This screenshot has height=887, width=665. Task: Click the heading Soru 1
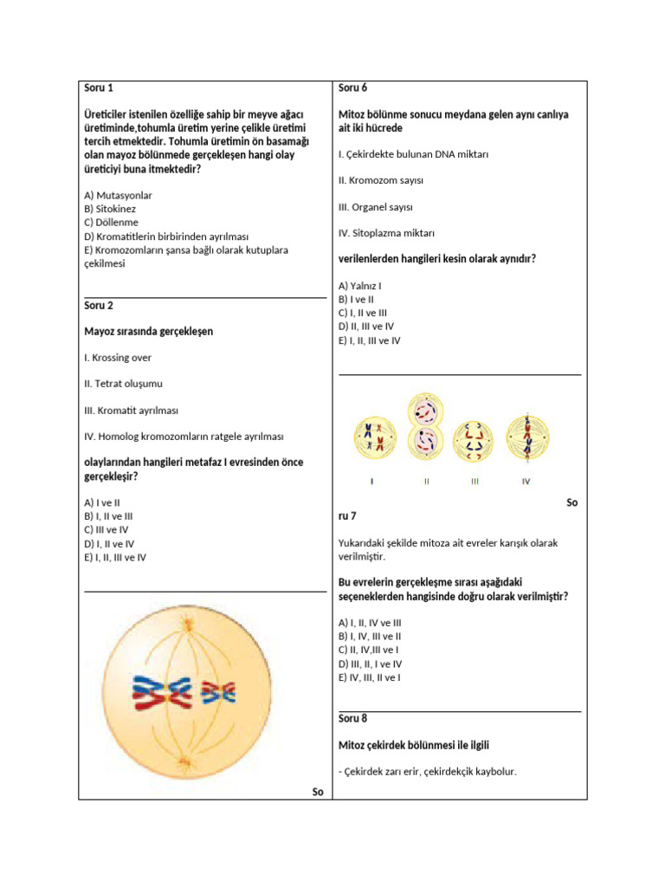point(99,87)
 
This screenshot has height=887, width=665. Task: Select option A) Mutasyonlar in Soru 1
point(118,196)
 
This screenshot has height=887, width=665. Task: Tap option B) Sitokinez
point(110,209)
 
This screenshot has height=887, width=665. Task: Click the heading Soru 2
point(99,305)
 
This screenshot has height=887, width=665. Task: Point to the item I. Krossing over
point(118,357)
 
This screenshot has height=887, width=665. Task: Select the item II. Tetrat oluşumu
point(123,383)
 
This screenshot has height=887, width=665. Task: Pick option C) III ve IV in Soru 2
point(107,529)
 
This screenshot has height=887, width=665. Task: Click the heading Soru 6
point(353,87)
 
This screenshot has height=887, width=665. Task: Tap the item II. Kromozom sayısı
point(381,180)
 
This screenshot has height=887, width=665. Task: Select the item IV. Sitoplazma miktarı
point(386,233)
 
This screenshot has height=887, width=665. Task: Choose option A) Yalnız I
point(361,285)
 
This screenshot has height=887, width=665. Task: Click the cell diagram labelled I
point(373,437)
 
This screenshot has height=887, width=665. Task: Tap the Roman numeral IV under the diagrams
point(526,482)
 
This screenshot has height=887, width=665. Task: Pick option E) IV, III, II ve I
point(370,677)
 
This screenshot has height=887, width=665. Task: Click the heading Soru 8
point(353,718)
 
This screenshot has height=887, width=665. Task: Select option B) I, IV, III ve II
point(370,636)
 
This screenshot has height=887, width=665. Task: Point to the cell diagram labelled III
point(475,438)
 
